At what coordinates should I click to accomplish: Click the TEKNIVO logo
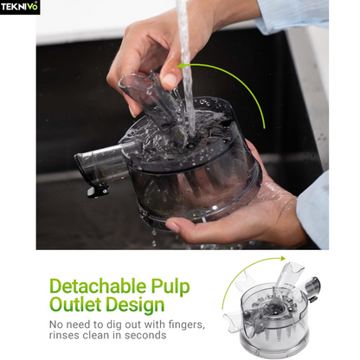point(20,7)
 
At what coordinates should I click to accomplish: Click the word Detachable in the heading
point(98,286)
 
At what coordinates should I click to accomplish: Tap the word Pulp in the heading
point(170,287)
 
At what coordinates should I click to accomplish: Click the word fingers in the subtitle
point(186,325)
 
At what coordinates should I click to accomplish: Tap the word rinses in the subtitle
point(64,335)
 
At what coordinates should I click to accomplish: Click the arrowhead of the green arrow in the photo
point(182,66)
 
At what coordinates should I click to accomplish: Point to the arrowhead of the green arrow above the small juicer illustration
point(282,259)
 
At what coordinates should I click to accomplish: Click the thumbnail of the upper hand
point(170,80)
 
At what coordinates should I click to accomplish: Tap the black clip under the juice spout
point(98,191)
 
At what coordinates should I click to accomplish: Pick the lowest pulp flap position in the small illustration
point(235,320)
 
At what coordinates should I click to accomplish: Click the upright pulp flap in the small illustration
point(287,275)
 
